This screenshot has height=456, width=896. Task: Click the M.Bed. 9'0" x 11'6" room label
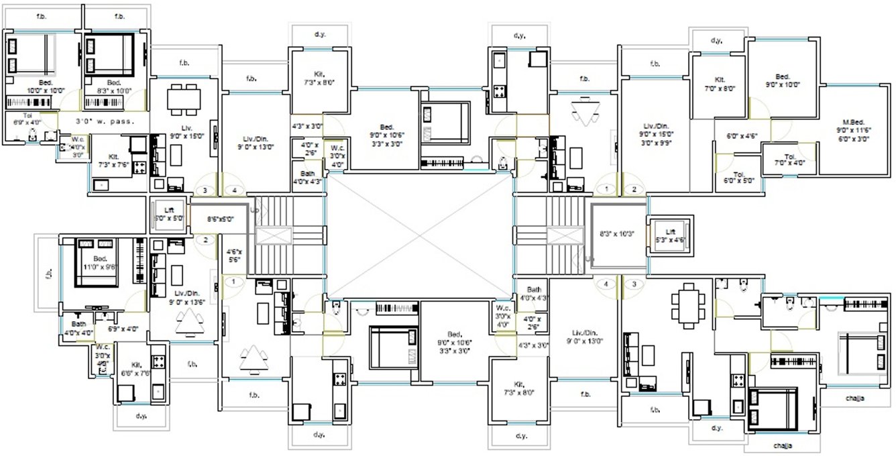(852, 130)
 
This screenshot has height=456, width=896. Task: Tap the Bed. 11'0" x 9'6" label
(101, 263)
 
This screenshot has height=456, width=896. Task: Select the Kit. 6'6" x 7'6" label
(136, 369)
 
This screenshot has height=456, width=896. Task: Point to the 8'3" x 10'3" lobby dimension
(616, 233)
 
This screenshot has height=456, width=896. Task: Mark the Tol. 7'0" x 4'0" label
(789, 159)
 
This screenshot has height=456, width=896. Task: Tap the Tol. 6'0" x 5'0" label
(739, 177)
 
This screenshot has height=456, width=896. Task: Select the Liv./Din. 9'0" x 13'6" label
(184, 297)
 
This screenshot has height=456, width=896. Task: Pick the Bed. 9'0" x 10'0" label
(782, 80)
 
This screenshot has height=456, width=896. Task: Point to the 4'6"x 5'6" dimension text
(233, 254)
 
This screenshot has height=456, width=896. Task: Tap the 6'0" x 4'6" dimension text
(742, 135)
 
